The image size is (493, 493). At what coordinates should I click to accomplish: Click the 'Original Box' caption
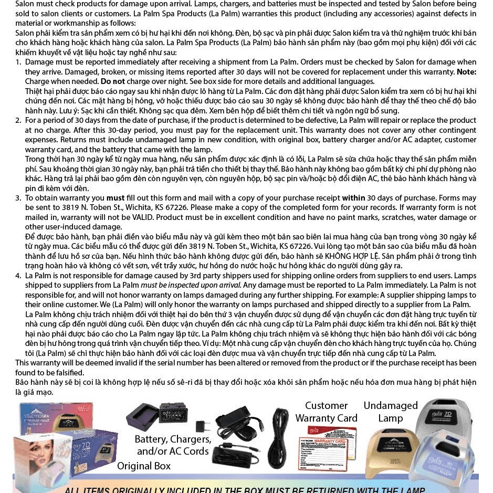click(x=143, y=466)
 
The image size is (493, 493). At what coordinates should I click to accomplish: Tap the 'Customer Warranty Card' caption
click(x=326, y=412)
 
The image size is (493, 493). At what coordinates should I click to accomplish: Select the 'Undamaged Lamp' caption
click(x=390, y=412)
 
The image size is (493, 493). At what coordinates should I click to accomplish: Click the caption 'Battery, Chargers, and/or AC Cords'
click(x=173, y=445)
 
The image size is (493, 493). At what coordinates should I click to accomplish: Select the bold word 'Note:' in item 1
click(x=466, y=71)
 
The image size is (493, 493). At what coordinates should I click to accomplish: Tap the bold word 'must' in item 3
click(x=116, y=198)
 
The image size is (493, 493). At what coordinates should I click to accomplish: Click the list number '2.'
click(x=18, y=120)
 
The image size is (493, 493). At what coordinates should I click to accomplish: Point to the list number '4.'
click(x=18, y=276)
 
